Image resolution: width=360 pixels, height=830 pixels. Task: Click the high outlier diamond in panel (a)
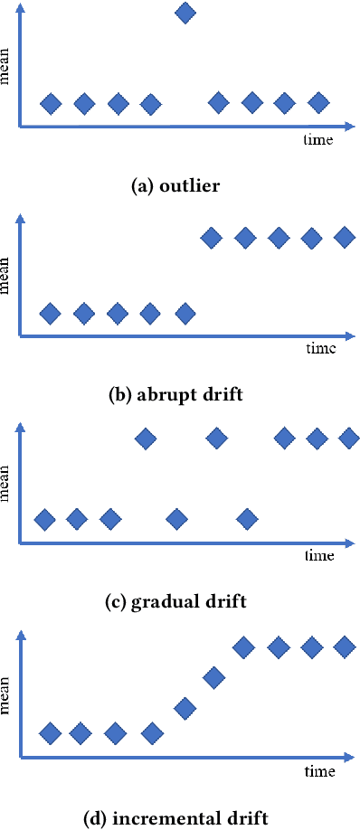[185, 13]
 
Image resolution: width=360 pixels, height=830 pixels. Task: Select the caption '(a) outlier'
[176, 187]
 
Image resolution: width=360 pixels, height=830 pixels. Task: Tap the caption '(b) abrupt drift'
[175, 393]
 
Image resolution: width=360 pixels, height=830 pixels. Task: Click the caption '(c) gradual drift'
[176, 600]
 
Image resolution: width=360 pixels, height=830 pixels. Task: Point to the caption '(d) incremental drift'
[176, 819]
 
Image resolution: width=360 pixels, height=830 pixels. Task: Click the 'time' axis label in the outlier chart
[317, 140]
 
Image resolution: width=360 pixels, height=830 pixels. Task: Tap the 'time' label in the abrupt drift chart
[319, 348]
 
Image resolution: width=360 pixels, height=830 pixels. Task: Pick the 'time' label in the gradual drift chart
[319, 554]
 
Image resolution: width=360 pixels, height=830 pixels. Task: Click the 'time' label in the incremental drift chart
[319, 771]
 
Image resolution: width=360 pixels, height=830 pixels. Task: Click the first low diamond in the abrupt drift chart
[51, 314]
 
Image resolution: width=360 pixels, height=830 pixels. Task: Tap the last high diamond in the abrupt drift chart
[344, 238]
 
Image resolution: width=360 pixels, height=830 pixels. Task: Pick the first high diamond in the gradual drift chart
[146, 439]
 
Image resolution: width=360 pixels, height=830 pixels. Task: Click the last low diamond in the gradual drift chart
[246, 519]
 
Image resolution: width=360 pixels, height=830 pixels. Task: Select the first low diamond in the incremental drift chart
[51, 732]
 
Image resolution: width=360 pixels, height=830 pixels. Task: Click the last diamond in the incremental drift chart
[344, 646]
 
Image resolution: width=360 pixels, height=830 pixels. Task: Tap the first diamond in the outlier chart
[52, 103]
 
